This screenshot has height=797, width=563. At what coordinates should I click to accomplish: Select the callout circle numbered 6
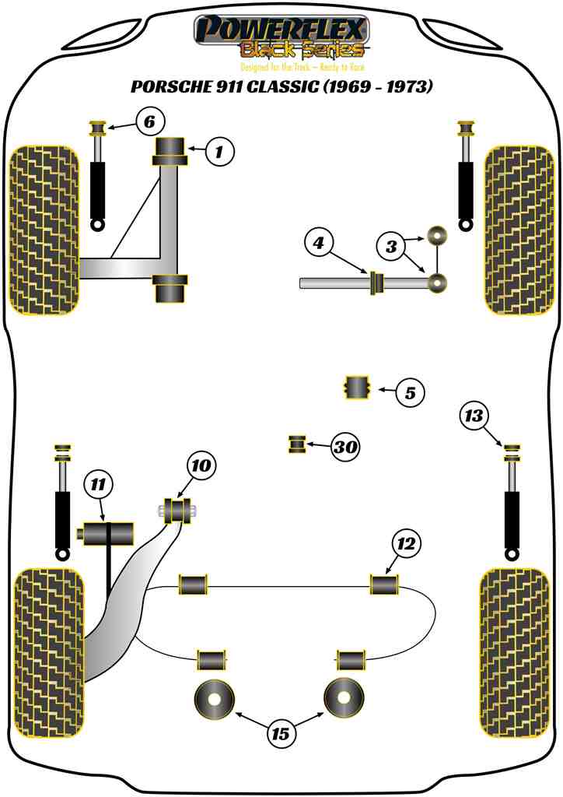150,121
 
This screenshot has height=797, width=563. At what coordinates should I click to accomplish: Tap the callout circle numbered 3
392,248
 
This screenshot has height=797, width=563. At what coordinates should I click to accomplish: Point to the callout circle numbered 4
319,244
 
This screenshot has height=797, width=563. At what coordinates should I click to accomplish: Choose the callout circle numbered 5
410,393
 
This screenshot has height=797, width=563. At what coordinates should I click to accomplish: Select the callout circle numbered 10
200,466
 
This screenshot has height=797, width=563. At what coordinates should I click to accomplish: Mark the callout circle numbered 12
407,543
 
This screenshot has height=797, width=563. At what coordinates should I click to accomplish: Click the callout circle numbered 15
280,732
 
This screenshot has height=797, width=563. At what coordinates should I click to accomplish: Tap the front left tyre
44,230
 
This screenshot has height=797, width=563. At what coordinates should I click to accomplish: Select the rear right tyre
518,652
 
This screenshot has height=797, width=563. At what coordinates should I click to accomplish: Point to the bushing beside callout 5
357,387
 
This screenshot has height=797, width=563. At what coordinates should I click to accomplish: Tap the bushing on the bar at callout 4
377,283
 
